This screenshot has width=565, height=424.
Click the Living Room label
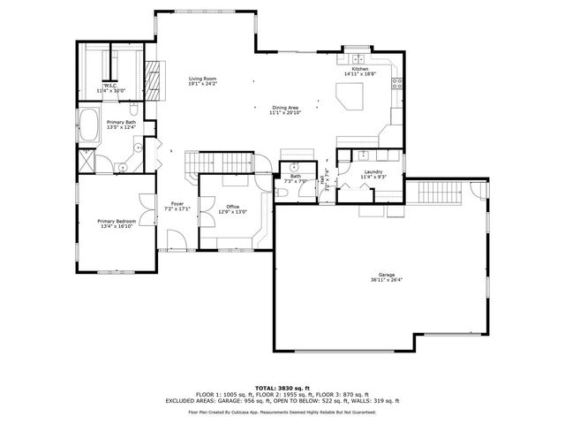[202, 79]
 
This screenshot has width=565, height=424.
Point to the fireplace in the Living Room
[154, 79]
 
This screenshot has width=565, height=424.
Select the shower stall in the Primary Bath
[87, 161]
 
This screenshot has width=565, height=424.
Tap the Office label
[233, 207]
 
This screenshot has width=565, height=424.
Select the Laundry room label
[373, 171]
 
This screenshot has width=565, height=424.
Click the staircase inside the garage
[438, 190]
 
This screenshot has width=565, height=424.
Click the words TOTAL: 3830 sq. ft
[282, 388]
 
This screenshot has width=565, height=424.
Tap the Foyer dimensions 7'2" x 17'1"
[177, 209]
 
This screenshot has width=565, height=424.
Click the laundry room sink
[345, 157]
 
